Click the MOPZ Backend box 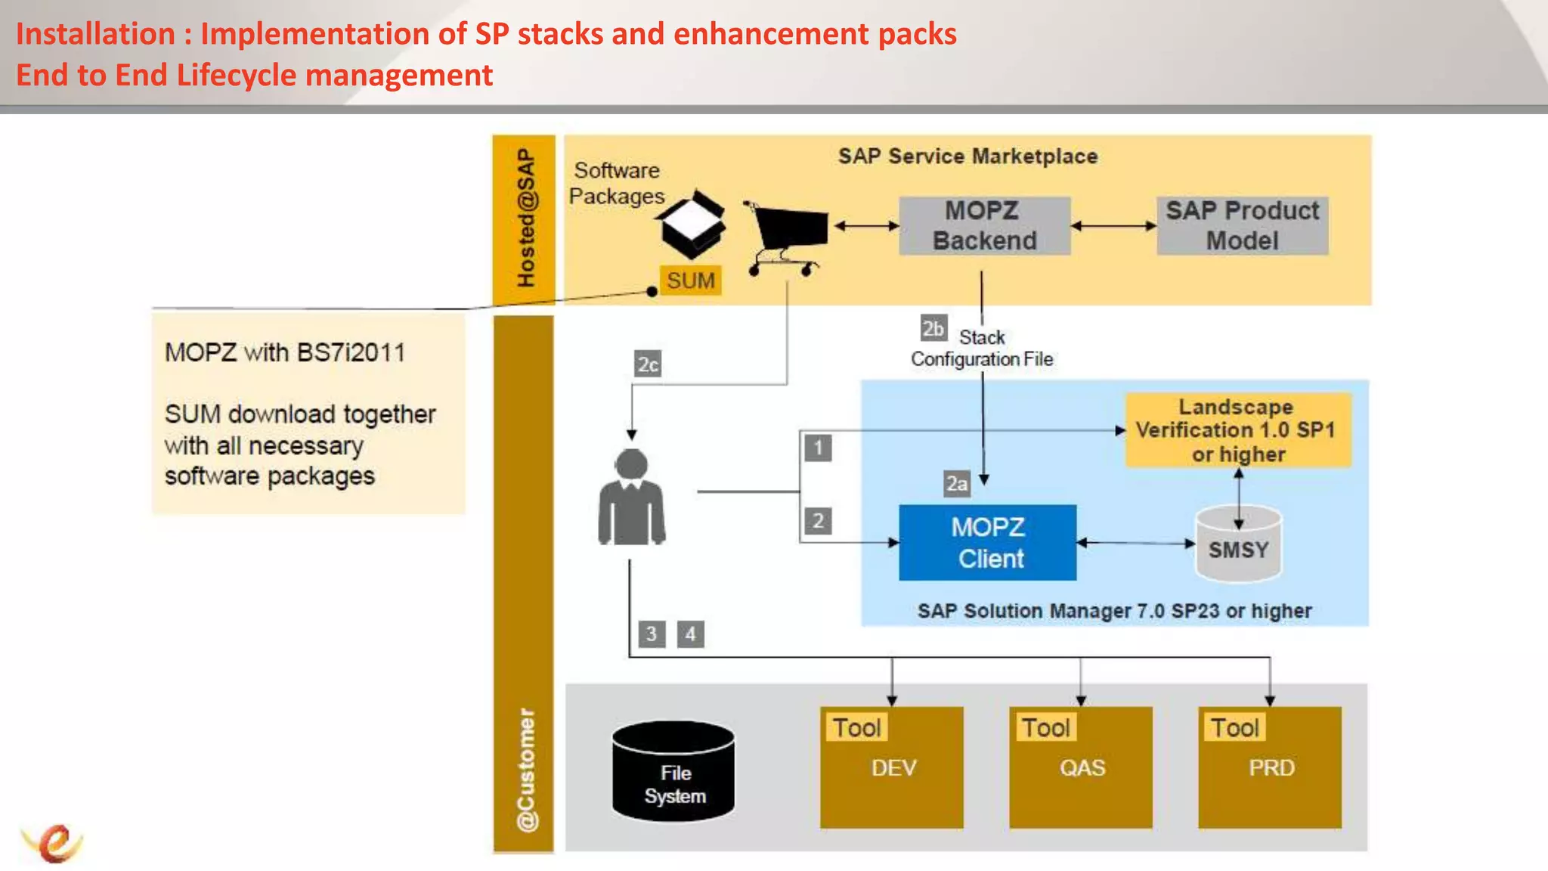click(x=984, y=225)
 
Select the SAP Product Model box click(x=1242, y=225)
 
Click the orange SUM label click(x=690, y=281)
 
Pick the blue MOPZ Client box click(x=987, y=543)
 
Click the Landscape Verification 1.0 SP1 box click(x=1237, y=430)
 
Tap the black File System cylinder click(x=673, y=771)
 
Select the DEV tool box click(x=892, y=767)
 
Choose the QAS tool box click(x=1081, y=767)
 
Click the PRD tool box click(x=1270, y=767)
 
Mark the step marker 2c click(x=648, y=364)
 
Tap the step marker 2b click(x=933, y=329)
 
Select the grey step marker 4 click(x=690, y=634)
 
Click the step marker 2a click(x=956, y=483)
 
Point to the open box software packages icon click(x=691, y=224)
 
